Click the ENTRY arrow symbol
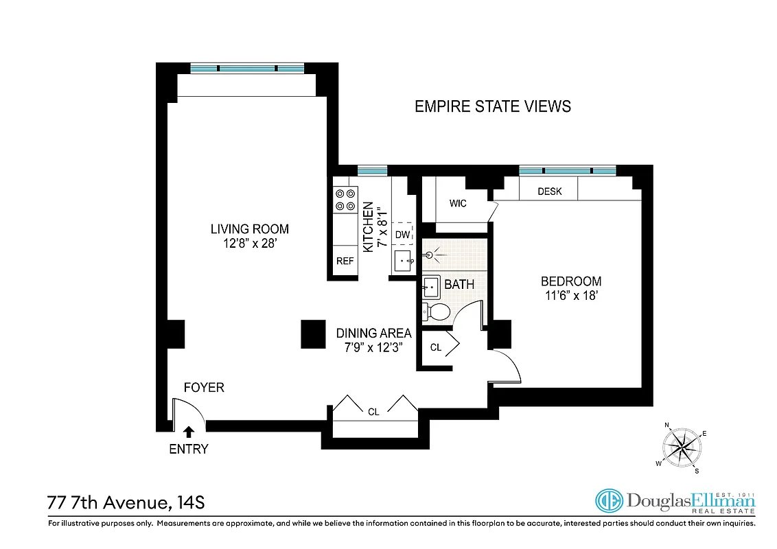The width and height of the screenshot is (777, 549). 189,432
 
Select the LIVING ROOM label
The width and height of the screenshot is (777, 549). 249,229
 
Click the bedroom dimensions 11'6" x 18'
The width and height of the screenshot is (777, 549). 571,296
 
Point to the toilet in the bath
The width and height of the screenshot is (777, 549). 435,312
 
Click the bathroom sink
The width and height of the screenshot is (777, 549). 430,285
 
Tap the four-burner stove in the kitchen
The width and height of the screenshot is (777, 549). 345,200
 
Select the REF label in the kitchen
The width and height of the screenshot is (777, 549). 345,261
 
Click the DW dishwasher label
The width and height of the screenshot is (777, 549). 402,235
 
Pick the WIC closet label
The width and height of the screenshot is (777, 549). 459,204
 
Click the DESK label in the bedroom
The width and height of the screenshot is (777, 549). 549,191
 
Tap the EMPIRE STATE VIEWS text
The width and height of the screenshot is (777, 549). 493,106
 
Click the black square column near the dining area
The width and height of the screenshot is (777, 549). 313,334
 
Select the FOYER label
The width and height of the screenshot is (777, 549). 204,388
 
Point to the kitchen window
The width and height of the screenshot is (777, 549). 372,170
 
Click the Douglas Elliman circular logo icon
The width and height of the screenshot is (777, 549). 608,501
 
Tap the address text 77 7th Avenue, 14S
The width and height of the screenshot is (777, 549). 126,503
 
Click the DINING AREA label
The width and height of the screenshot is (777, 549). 373,334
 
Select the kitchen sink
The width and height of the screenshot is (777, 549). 404,261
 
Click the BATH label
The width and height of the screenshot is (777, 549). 459,284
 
